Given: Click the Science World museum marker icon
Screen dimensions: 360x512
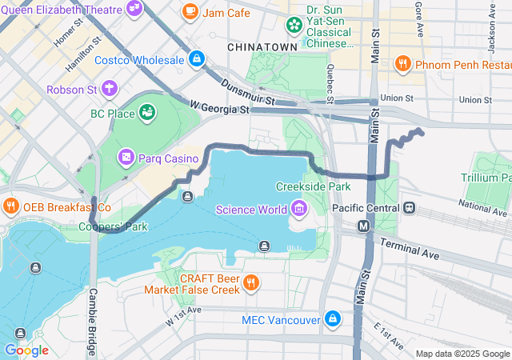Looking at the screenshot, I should pos(299,210).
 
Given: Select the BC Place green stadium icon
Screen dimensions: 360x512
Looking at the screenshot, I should pos(147,114).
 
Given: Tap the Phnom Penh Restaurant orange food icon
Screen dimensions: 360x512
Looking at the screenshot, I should pos(402,64).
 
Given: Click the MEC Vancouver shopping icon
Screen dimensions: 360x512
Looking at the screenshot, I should pos(332,320).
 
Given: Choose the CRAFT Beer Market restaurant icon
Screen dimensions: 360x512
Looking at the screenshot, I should pos(251,282).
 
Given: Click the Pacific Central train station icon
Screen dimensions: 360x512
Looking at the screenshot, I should pos(410,207).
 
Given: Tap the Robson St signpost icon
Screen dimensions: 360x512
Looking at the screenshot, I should pos(109,89).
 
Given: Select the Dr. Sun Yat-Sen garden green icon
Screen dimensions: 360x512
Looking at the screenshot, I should pos(294,25).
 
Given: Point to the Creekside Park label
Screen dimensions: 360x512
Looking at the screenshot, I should pos(314,186).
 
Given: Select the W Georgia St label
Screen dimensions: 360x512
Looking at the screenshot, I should pos(219,106).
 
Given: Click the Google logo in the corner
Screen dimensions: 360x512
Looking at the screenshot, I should pos(26,350).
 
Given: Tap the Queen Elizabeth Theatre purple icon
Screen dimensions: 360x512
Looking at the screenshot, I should pos(135,8).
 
